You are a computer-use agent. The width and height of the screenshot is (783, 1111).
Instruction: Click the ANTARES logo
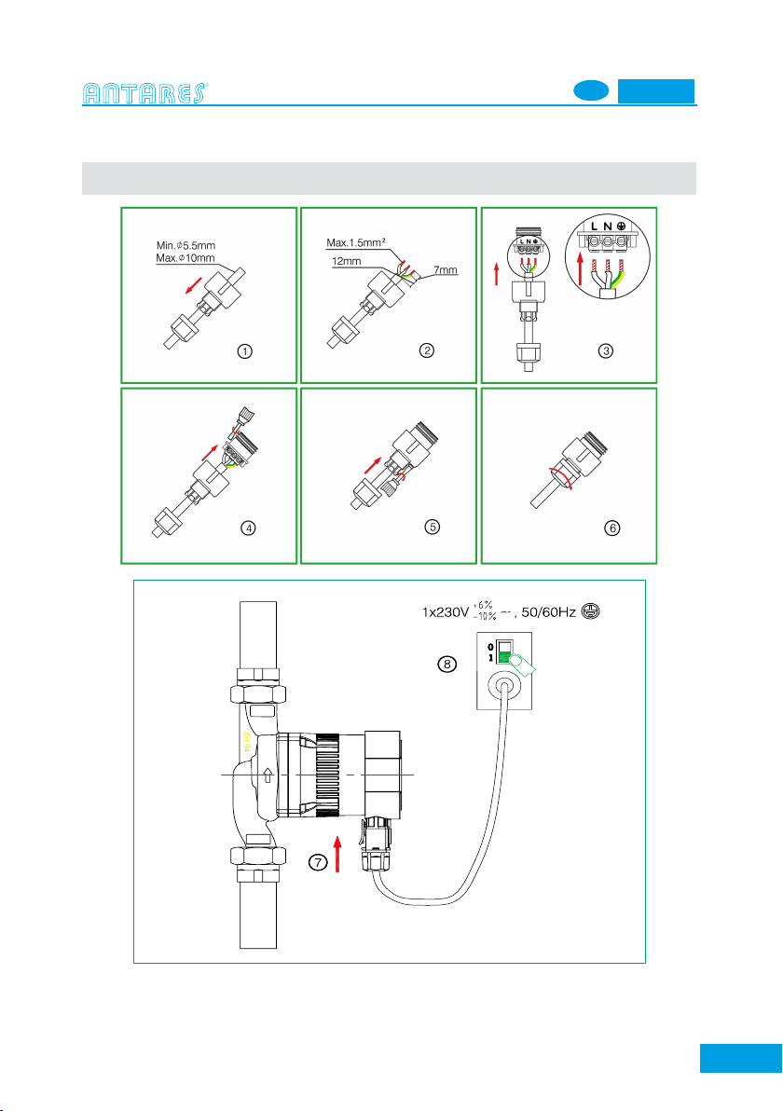pyautogui.click(x=146, y=92)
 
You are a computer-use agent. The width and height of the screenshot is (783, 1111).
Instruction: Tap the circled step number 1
pyautogui.click(x=244, y=352)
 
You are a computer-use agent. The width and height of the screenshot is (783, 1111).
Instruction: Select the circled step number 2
pyautogui.click(x=425, y=351)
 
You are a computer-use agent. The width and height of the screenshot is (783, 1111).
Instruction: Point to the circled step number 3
pyautogui.click(x=607, y=351)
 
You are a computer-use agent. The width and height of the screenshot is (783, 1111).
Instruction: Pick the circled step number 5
pyautogui.click(x=431, y=527)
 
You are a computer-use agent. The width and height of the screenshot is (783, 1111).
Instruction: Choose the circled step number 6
pyautogui.click(x=611, y=528)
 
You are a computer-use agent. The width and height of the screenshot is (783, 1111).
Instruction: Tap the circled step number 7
pyautogui.click(x=319, y=863)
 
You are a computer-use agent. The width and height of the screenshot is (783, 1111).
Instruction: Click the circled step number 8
pyautogui.click(x=446, y=665)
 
